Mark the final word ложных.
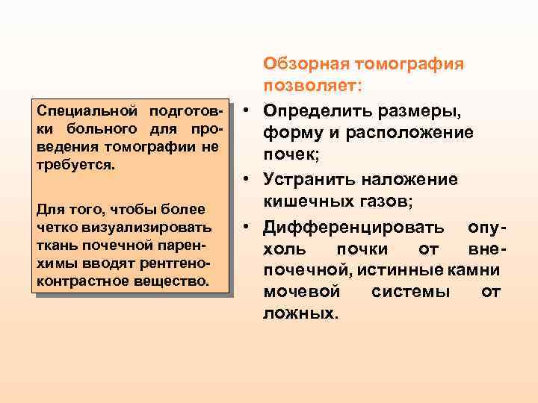300,313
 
